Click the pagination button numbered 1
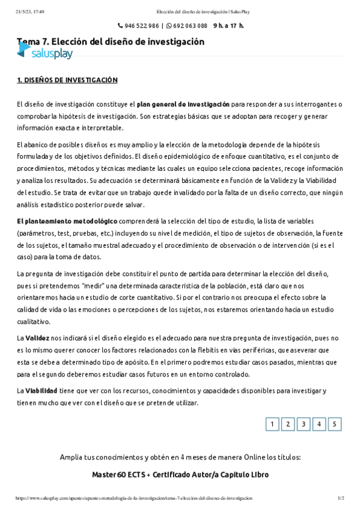[x=272, y=424]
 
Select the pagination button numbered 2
[x=288, y=424]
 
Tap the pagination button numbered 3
[x=304, y=424]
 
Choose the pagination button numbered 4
[x=319, y=424]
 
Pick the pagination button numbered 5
[x=335, y=424]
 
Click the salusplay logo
[x=45, y=54]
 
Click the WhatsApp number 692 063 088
[x=190, y=26]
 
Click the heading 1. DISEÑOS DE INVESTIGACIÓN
[x=67, y=80]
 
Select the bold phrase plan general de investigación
[x=183, y=104]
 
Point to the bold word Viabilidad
[x=41, y=391]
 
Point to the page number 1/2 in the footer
[x=341, y=499]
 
